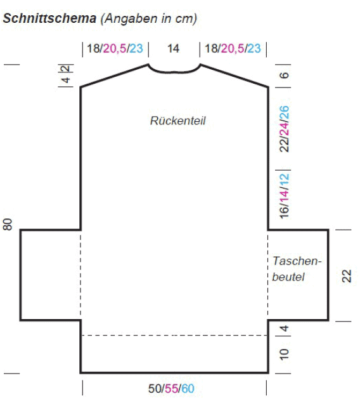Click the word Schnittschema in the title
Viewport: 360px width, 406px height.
pos(49,18)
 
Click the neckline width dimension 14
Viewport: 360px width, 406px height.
pos(173,48)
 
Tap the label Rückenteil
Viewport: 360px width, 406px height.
pos(178,121)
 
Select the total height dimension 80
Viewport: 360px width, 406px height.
pos(8,224)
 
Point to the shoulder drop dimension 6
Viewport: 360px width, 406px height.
pos(284,75)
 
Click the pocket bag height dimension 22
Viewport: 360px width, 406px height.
pos(347,276)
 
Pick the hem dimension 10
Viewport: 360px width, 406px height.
pos(284,355)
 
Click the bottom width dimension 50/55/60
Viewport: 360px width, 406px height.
pos(171,389)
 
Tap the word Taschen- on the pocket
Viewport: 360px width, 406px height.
pos(297,261)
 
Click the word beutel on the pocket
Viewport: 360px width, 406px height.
pos(288,277)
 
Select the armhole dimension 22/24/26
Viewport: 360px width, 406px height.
pos(284,129)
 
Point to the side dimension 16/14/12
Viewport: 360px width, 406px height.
pos(284,196)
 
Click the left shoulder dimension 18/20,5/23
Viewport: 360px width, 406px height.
pos(115,48)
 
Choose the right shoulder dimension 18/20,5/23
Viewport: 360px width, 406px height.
pos(233,48)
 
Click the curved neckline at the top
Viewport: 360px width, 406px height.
pos(174,72)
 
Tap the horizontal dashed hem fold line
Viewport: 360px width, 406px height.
pos(174,336)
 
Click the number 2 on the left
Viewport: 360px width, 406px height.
pos(67,69)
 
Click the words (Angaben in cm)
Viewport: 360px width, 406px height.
pos(149,18)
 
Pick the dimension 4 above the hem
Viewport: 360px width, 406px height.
pos(284,329)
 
